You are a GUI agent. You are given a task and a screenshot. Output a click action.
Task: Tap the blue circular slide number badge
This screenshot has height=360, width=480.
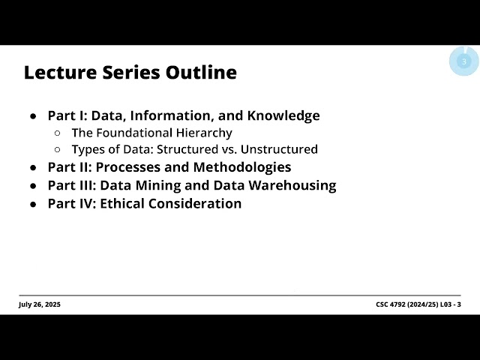click(463, 61)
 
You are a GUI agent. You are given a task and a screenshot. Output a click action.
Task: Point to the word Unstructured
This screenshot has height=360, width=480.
click(281, 149)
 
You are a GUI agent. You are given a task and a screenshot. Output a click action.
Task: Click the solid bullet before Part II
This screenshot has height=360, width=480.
click(34, 168)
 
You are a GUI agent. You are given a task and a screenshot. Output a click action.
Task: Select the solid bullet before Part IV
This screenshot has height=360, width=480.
click(34, 204)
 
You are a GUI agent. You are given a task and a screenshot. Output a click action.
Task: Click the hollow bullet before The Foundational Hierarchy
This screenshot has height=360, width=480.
click(58, 133)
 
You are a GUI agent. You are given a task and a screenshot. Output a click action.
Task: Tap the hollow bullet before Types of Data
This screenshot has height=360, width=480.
click(58, 150)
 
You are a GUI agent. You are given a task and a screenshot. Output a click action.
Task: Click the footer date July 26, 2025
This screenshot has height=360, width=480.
click(40, 304)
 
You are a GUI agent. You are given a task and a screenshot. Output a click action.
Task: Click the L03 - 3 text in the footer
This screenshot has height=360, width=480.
click(448, 304)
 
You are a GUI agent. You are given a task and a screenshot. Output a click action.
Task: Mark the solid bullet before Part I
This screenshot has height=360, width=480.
click(34, 116)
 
